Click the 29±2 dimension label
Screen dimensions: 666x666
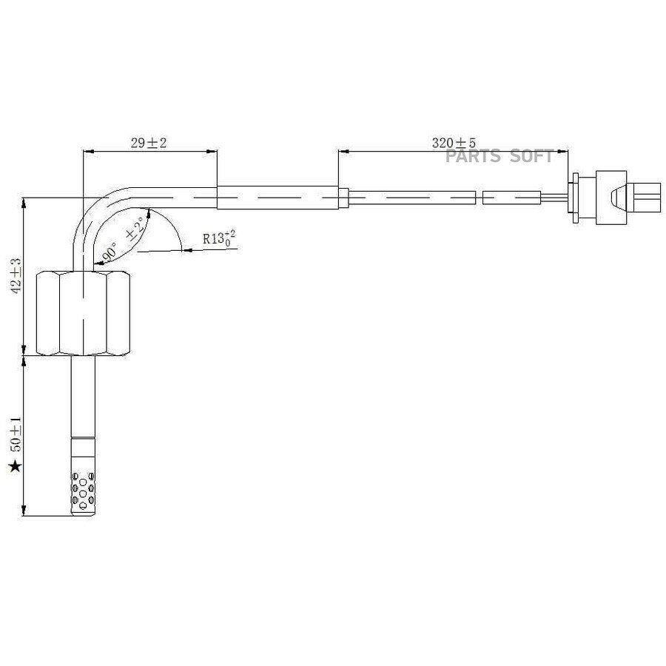[x=149, y=143]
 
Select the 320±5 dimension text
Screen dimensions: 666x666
[x=454, y=142]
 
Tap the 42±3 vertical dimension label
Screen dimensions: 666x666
[x=16, y=275]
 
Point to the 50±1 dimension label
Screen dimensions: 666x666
[x=16, y=434]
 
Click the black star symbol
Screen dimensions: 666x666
[x=16, y=466]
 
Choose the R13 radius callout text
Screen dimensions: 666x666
[x=219, y=238]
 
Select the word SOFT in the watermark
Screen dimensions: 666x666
[x=531, y=156]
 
